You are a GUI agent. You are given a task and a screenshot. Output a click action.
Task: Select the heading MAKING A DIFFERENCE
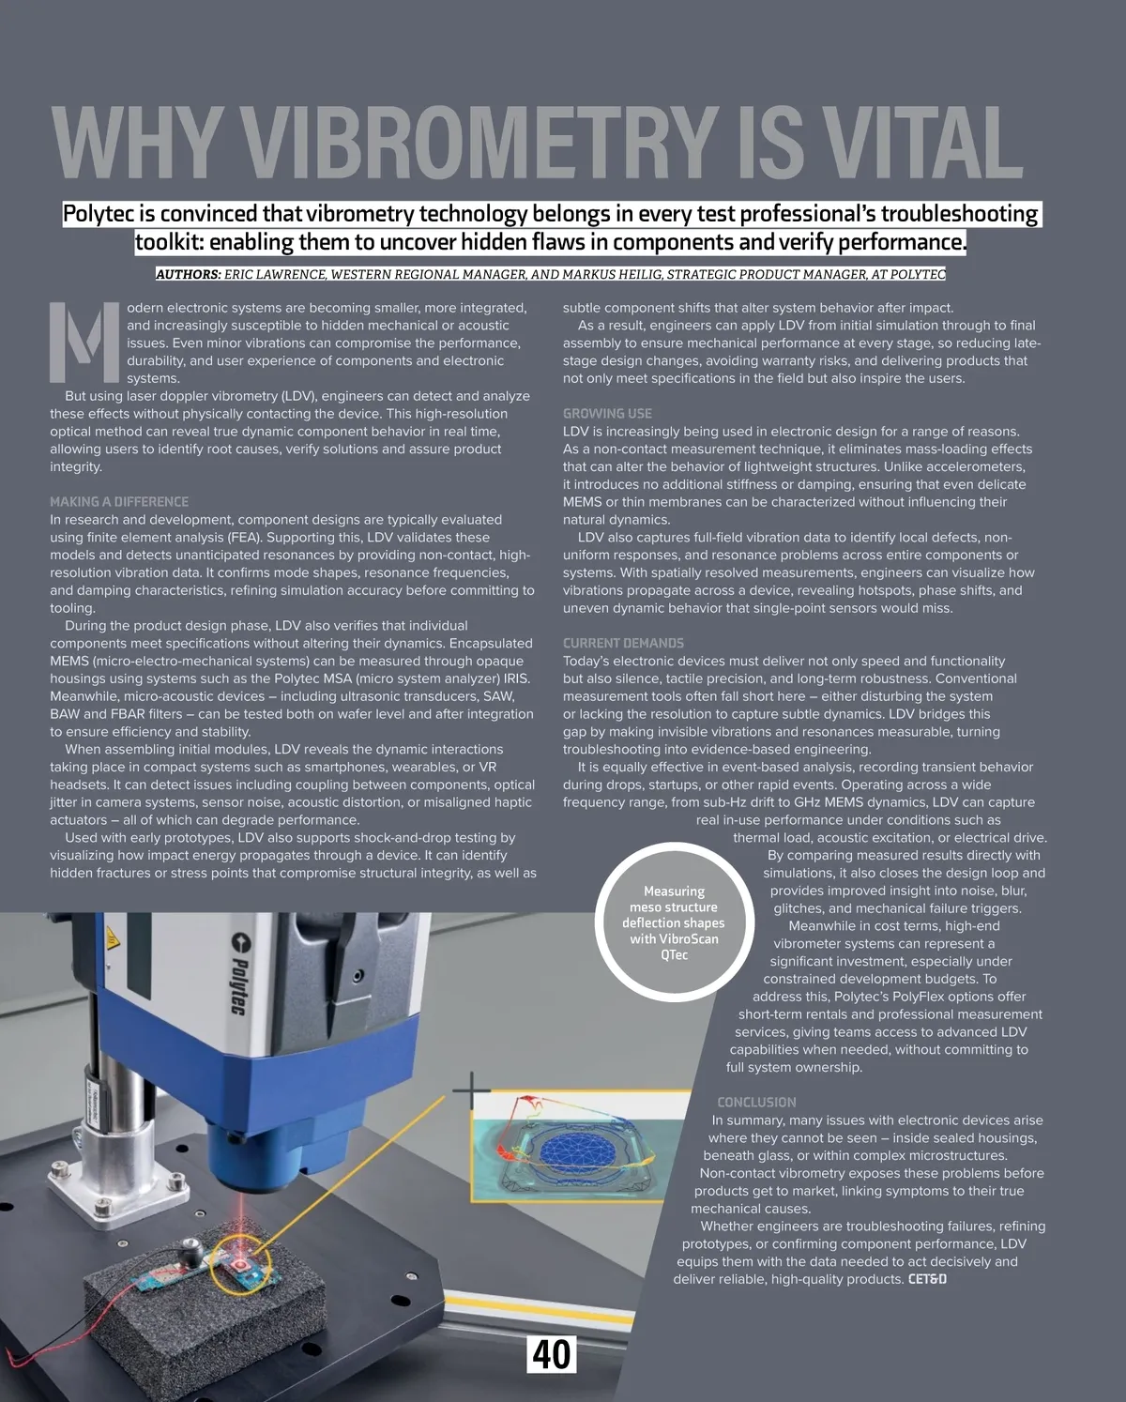[x=119, y=502]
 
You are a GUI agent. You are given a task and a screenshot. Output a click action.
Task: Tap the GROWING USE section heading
[x=607, y=414]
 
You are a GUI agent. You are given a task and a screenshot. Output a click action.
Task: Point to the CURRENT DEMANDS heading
[x=623, y=644]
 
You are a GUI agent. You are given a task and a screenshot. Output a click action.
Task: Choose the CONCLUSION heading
[x=756, y=1103]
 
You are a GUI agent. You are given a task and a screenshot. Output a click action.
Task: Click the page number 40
[x=552, y=1355]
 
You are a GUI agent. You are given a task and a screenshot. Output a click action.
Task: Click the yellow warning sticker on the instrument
[x=111, y=937]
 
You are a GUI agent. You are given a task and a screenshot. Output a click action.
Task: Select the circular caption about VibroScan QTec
[x=674, y=923]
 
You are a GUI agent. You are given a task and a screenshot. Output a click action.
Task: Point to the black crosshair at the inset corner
[x=471, y=1091]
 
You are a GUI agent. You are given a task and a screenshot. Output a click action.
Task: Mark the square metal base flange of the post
[x=142, y=1189]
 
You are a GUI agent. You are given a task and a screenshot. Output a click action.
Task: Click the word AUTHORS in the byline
[x=188, y=275]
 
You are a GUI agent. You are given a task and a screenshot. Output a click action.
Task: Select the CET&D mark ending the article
[x=927, y=1280]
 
